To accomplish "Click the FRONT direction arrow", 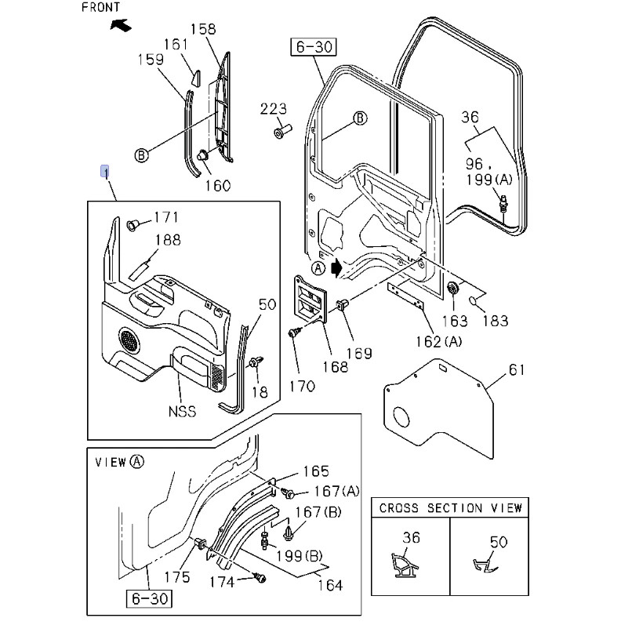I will [x=121, y=25].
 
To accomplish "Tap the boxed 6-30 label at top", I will [x=314, y=48].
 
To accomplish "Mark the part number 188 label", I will [x=167, y=240].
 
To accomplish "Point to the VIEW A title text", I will [x=119, y=462].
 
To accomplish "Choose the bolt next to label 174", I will [x=260, y=577].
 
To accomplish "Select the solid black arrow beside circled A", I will [x=336, y=268].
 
